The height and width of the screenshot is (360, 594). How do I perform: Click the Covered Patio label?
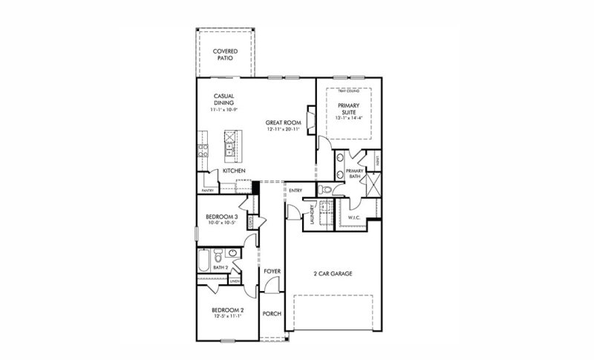click(225, 54)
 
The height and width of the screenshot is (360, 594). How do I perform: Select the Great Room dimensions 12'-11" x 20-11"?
click(281, 129)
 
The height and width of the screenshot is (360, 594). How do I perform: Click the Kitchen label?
click(234, 171)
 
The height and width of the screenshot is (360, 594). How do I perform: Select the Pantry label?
click(207, 190)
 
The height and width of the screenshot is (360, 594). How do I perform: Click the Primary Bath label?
click(355, 173)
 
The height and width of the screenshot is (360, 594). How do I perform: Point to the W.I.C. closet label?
click(355, 217)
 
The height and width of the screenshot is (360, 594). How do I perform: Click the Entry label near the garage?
click(295, 190)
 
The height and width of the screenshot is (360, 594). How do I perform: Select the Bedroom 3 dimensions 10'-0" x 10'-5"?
click(221, 223)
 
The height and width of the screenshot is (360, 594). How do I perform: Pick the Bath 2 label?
click(220, 267)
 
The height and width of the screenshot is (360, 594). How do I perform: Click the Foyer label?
click(272, 272)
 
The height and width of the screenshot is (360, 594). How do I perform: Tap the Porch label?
click(272, 313)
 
